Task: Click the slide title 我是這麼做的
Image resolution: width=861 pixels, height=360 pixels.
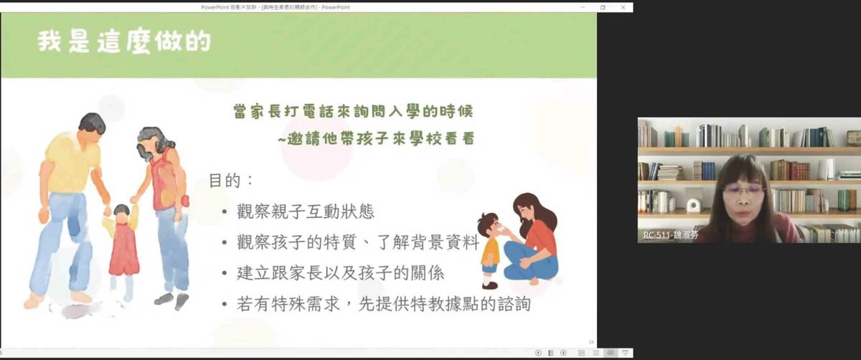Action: coord(124,42)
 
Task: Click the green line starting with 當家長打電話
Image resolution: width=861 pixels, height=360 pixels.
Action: coord(354,113)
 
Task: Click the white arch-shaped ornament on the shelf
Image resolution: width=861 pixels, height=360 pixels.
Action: coord(694,205)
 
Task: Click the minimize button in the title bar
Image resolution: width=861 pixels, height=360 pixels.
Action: coord(582,7)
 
